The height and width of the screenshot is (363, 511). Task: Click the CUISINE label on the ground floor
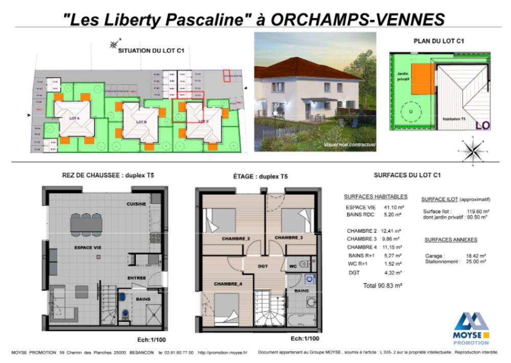[136, 204]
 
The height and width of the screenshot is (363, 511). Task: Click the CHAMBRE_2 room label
[236, 238]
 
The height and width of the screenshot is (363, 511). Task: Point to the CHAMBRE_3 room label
[289, 238]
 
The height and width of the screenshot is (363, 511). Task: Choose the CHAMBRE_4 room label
[228, 284]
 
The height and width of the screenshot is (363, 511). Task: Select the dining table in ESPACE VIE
[86, 223]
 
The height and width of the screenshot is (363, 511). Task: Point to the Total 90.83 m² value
[382, 286]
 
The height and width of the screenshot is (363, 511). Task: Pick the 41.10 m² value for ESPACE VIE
[393, 207]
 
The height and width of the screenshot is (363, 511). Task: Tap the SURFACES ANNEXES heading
[451, 239]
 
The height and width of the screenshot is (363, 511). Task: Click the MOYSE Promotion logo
[471, 328]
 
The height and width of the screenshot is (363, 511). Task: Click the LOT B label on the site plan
[142, 122]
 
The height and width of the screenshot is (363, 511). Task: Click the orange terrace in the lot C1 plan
[420, 79]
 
